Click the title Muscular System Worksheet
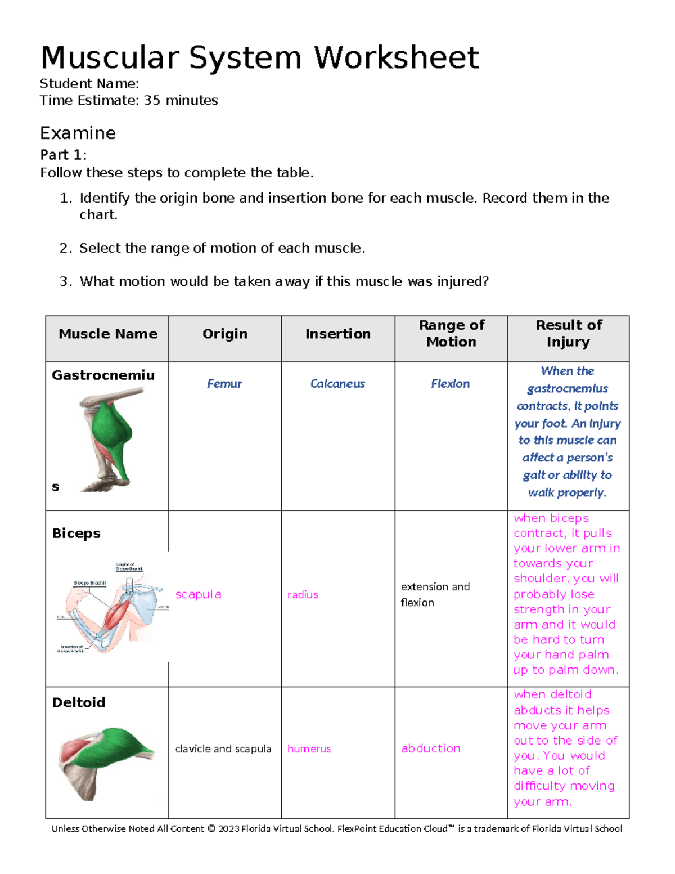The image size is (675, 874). [259, 58]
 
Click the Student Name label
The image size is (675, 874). [89, 84]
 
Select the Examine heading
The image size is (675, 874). [78, 133]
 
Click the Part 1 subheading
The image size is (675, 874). [63, 155]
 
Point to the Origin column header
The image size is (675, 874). [225, 334]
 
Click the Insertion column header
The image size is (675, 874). [337, 334]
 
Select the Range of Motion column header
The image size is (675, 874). [451, 334]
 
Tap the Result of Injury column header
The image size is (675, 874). [568, 334]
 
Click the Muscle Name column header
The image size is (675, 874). [107, 334]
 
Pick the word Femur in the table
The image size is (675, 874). [224, 384]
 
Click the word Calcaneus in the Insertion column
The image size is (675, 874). [337, 384]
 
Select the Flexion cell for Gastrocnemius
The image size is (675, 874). [450, 384]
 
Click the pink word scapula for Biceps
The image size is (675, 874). [198, 595]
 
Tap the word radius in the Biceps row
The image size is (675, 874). [303, 595]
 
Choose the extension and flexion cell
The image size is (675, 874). [435, 595]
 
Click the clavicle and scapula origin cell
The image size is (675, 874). [223, 749]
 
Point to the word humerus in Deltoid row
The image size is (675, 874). [309, 749]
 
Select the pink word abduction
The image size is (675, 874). [430, 748]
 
